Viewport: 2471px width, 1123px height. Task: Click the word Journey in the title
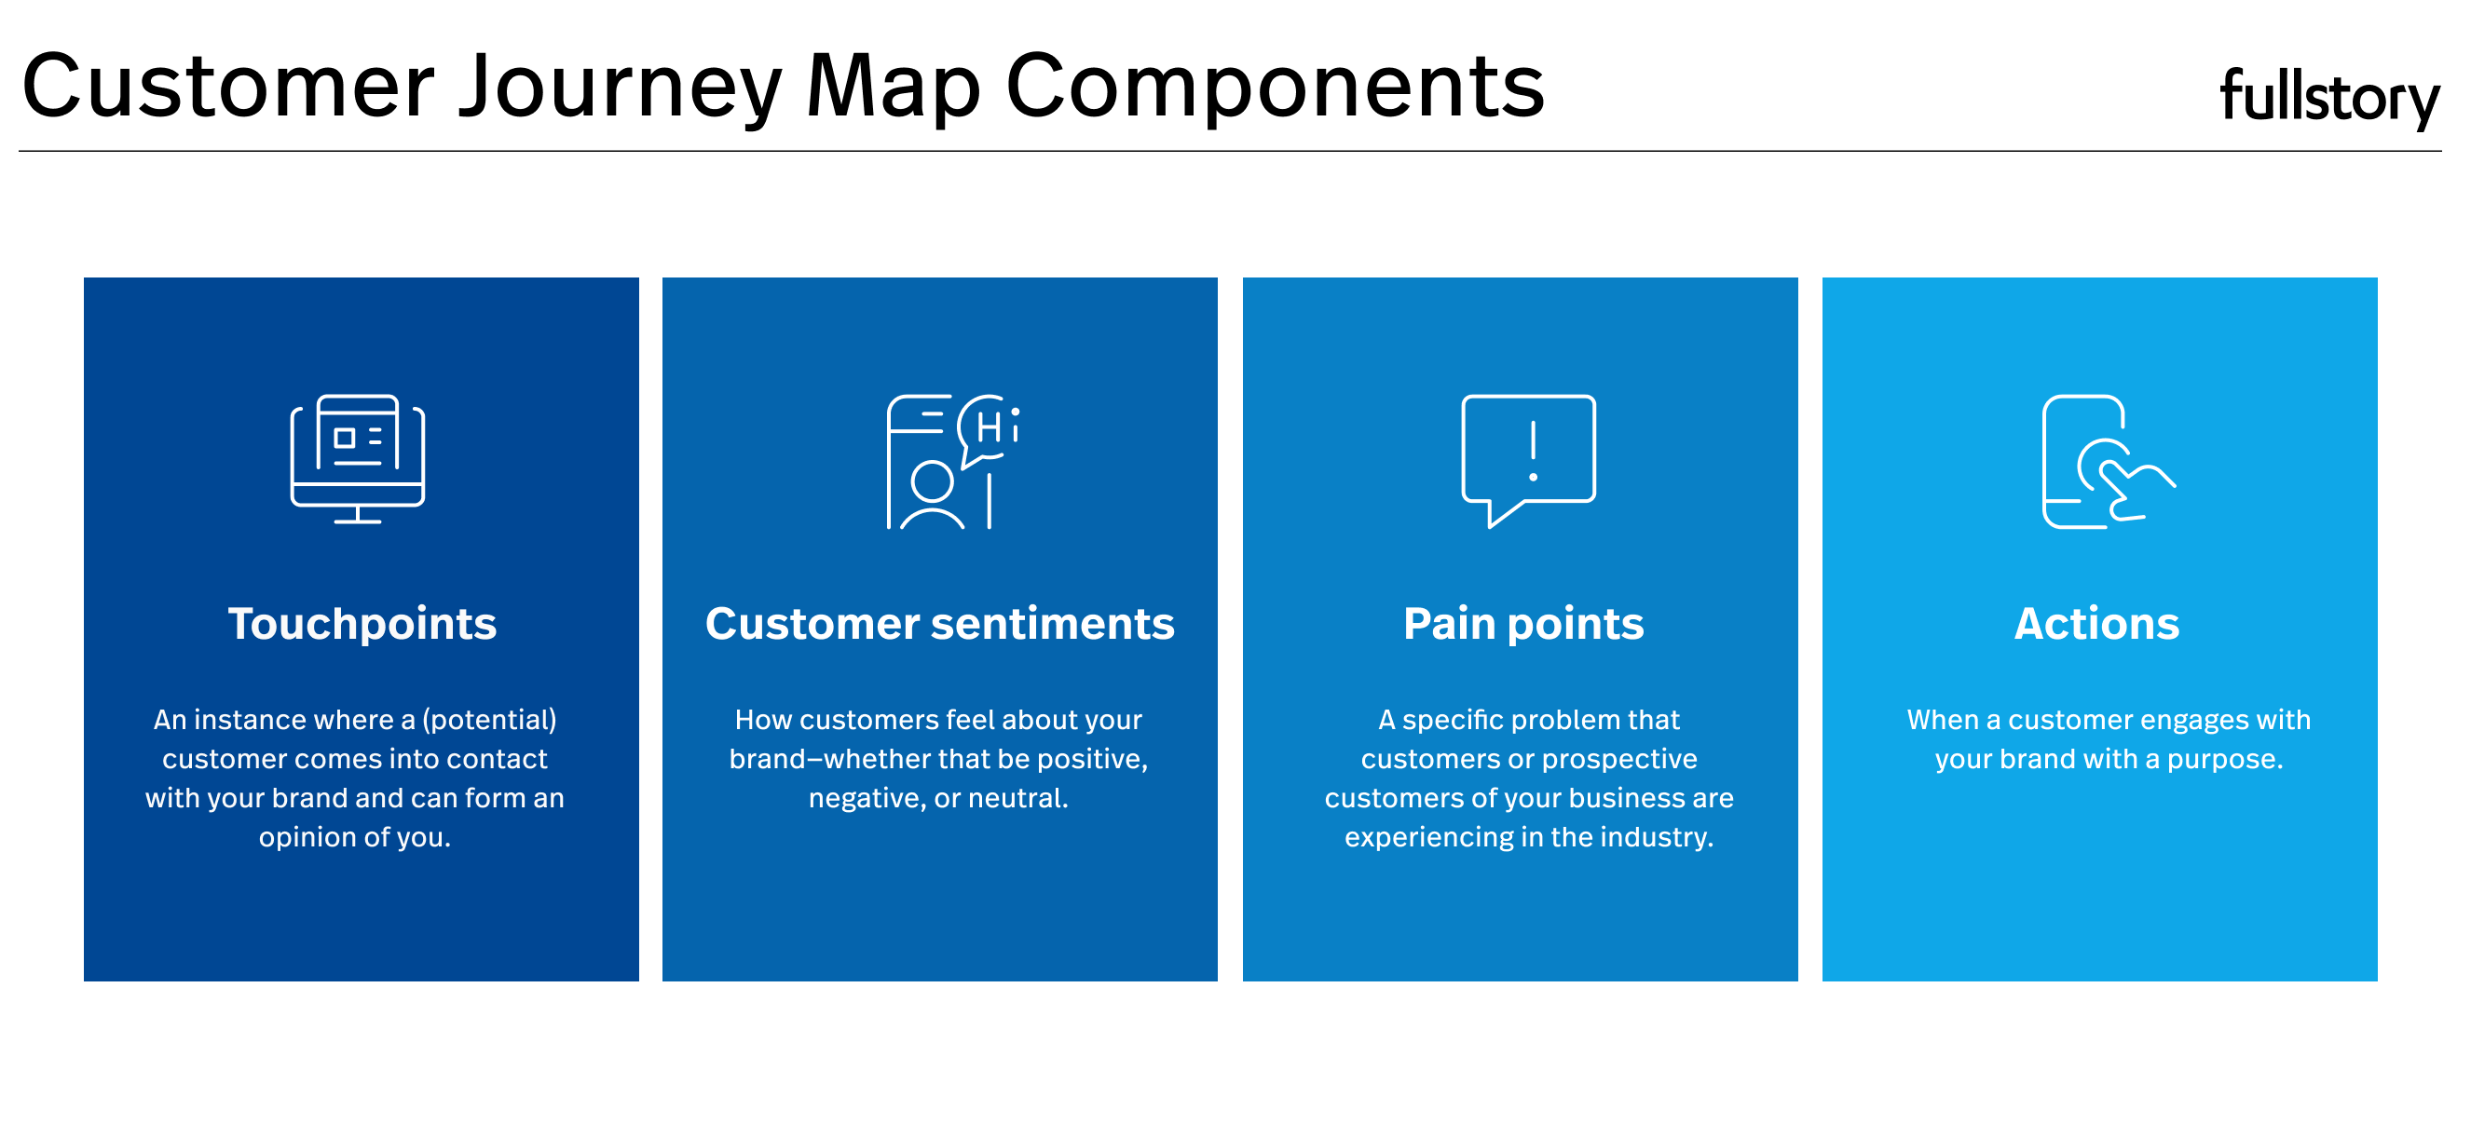point(620,88)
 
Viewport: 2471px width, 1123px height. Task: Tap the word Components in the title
point(1275,88)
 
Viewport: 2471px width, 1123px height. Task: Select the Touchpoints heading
point(362,624)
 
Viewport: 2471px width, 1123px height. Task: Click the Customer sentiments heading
point(939,623)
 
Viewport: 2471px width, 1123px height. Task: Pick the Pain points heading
point(1523,624)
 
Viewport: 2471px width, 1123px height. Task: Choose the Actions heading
point(2096,623)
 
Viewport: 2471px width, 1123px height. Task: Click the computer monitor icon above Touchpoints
point(358,458)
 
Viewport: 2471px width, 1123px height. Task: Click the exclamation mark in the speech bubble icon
point(1533,450)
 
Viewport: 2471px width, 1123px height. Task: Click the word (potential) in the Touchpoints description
point(489,720)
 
